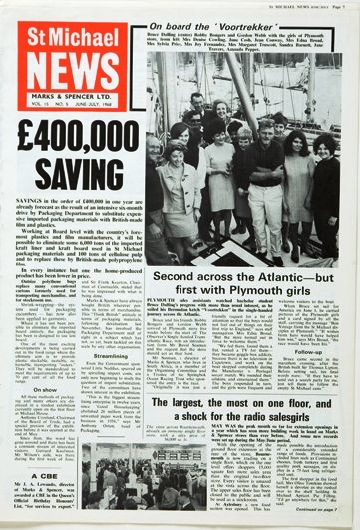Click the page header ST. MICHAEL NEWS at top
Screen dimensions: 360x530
pyautogui.click(x=300, y=5)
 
